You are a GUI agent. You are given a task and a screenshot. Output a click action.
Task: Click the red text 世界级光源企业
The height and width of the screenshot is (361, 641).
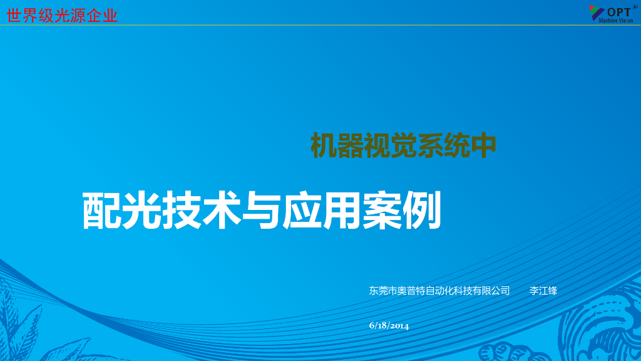coord(62,15)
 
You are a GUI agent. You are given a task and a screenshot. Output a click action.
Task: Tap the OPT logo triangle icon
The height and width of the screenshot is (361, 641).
coord(596,12)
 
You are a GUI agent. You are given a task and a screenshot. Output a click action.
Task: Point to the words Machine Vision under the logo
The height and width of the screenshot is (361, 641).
coord(616,21)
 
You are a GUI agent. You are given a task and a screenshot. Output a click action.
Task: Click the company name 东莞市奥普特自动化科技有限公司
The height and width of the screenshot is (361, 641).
coord(439,291)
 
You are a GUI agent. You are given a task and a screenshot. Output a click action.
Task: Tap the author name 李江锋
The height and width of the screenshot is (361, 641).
coord(543,291)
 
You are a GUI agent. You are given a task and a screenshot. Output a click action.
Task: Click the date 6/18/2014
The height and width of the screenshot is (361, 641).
coord(389,325)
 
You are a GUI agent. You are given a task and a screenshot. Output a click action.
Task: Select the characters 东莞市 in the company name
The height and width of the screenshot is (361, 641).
coord(383,291)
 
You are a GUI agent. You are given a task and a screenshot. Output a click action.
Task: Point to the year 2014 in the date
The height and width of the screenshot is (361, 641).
coord(399,325)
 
